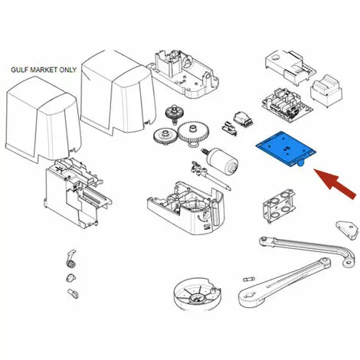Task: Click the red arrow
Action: click(335, 184)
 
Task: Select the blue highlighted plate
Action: click(286, 149)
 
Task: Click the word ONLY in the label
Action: click(68, 70)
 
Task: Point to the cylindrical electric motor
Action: click(221, 162)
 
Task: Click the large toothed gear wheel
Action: click(194, 132)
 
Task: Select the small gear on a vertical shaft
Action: click(174, 114)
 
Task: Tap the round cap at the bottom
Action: click(197, 294)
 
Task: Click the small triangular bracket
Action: click(346, 230)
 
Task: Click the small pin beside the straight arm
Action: click(248, 279)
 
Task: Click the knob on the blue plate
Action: click(300, 162)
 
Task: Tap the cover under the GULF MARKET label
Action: click(43, 119)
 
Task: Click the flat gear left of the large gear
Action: click(165, 136)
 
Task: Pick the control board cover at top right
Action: click(290, 67)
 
